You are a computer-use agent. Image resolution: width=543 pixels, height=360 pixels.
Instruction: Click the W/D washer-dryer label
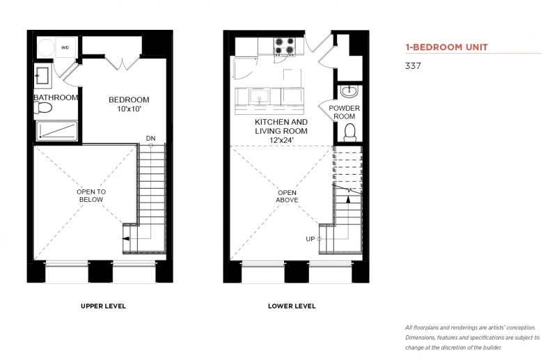pyautogui.click(x=65, y=47)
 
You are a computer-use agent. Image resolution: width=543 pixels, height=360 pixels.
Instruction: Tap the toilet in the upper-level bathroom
pyautogui.click(x=43, y=107)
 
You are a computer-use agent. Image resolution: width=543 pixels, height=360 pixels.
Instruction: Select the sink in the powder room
pyautogui.click(x=349, y=91)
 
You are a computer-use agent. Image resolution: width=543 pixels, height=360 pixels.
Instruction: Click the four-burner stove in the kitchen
pyautogui.click(x=285, y=47)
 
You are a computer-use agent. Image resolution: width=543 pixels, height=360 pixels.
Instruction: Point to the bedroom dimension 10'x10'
pyautogui.click(x=129, y=109)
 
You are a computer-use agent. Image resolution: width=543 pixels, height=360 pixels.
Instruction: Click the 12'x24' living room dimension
pyautogui.click(x=281, y=141)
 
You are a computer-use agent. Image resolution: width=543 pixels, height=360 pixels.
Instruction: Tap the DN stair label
pyautogui.click(x=150, y=139)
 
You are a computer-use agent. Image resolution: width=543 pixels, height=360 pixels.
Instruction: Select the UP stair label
pyautogui.click(x=310, y=239)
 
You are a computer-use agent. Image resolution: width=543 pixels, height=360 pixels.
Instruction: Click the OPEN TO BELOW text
pyautogui.click(x=91, y=196)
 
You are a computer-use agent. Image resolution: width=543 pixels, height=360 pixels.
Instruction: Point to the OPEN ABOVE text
pyautogui.click(x=287, y=196)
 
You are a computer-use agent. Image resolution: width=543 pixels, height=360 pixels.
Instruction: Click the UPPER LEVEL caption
pyautogui.click(x=103, y=306)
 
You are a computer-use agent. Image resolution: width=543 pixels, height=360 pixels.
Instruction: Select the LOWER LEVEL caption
pyautogui.click(x=292, y=306)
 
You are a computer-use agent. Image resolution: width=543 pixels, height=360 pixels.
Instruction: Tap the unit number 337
pyautogui.click(x=413, y=66)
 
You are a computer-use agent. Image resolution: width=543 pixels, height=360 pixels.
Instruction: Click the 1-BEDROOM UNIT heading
pyautogui.click(x=447, y=47)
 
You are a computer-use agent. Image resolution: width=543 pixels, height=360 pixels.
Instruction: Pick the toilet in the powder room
pyautogui.click(x=349, y=133)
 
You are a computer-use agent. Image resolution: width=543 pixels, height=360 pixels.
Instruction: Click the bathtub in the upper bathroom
pyautogui.click(x=57, y=131)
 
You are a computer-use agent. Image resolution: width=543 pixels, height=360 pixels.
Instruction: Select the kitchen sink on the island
pyautogui.click(x=260, y=96)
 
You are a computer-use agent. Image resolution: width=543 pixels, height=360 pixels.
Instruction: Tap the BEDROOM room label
pyautogui.click(x=129, y=100)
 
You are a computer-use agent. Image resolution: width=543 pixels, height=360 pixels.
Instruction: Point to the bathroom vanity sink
pyautogui.click(x=42, y=75)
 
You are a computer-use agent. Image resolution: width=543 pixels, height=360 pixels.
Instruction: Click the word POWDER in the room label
pyautogui.click(x=344, y=108)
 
